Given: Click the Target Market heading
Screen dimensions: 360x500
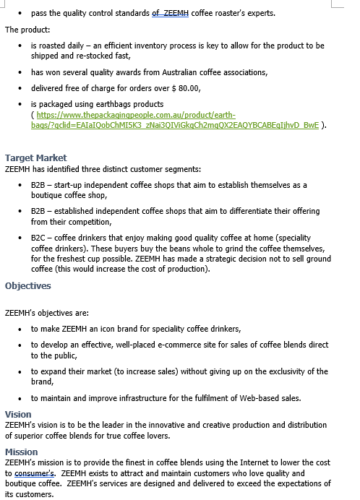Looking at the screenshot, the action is pos(35,158).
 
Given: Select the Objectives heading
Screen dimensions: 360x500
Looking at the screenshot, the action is pos(28,285).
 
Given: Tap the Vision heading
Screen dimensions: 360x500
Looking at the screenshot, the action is pos(18,415).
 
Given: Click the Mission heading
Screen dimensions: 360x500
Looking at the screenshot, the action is pos(22,452).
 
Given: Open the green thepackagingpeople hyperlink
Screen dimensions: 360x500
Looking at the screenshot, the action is pos(134,115).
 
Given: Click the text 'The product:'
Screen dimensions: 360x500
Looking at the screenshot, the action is pos(27,30).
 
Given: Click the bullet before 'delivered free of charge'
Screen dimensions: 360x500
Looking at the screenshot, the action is pos(20,88).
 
